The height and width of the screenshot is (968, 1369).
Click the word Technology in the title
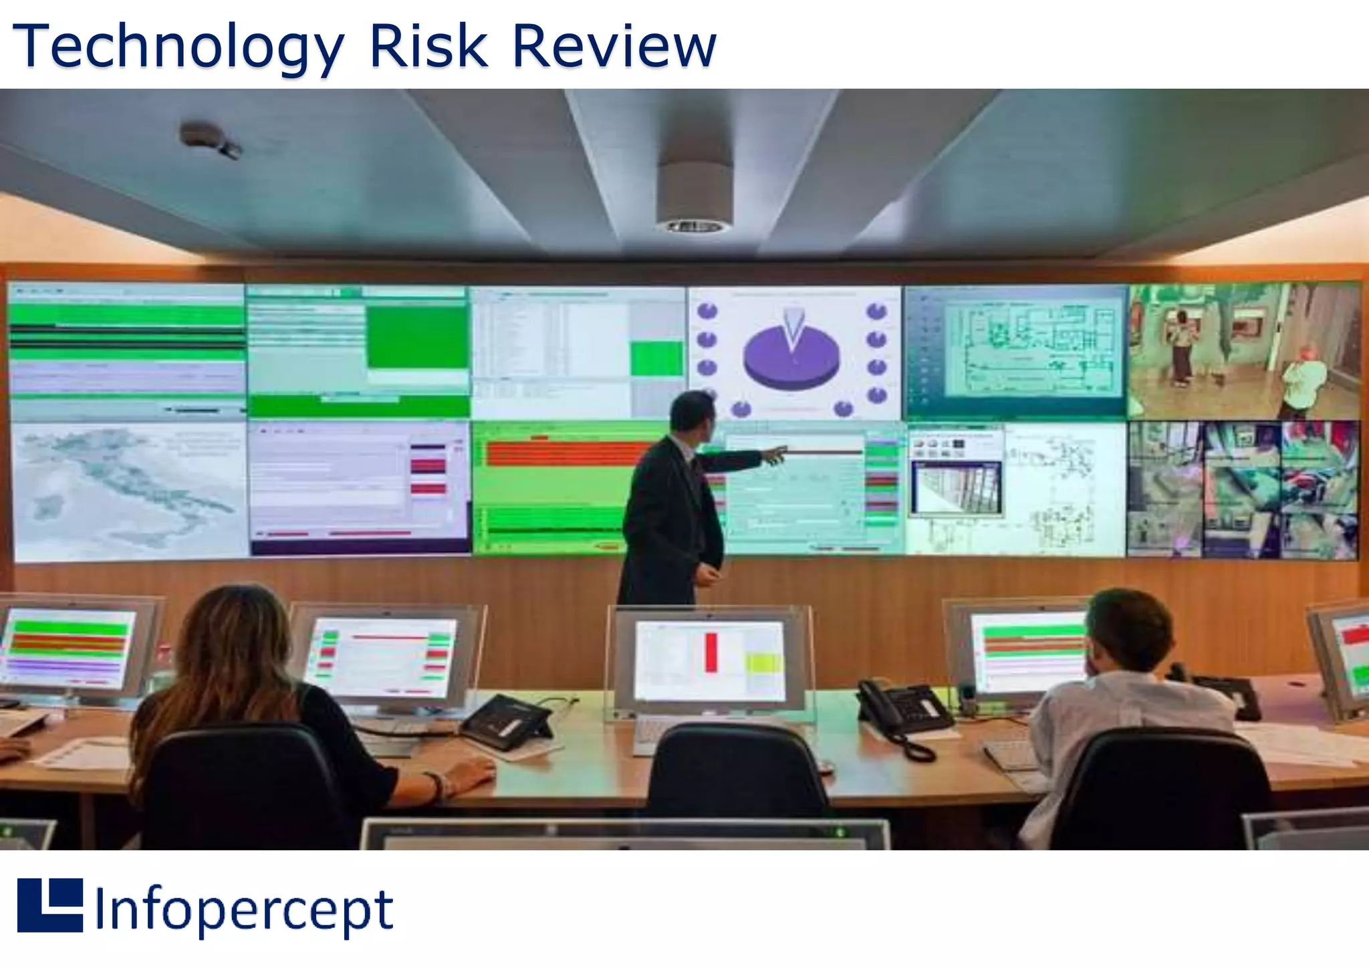[178, 47]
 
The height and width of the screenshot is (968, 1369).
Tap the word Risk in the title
[428, 47]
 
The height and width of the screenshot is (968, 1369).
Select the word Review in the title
[614, 47]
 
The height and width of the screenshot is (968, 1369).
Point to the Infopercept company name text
[244, 909]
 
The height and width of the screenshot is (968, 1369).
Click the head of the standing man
[693, 411]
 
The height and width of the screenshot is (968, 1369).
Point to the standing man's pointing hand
[775, 455]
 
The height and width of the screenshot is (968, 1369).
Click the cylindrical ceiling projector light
[693, 197]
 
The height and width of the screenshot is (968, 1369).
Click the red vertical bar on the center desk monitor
[711, 652]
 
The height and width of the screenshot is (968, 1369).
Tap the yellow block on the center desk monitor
[764, 663]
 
